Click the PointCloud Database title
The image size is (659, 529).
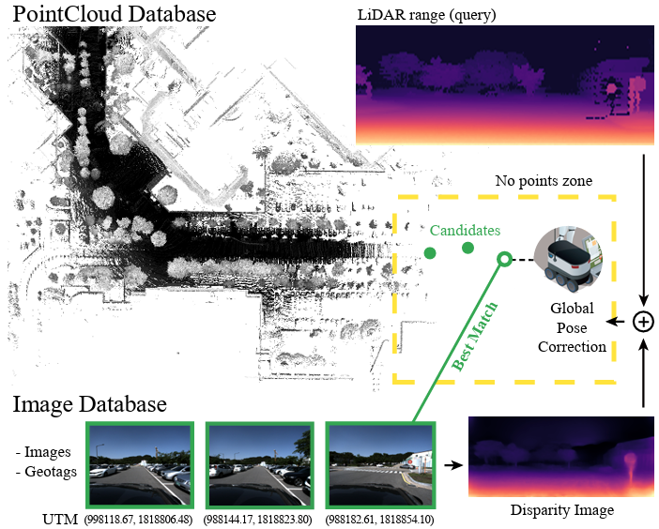pyautogui.click(x=114, y=15)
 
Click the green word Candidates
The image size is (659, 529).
pyautogui.click(x=467, y=230)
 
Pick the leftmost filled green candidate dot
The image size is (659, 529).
pyautogui.click(x=429, y=252)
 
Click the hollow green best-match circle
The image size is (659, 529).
pyautogui.click(x=504, y=259)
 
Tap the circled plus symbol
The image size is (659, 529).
pyautogui.click(x=643, y=322)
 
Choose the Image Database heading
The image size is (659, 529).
pyautogui.click(x=89, y=404)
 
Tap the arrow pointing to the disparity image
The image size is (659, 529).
pyautogui.click(x=452, y=463)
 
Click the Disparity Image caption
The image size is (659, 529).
pyautogui.click(x=562, y=510)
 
